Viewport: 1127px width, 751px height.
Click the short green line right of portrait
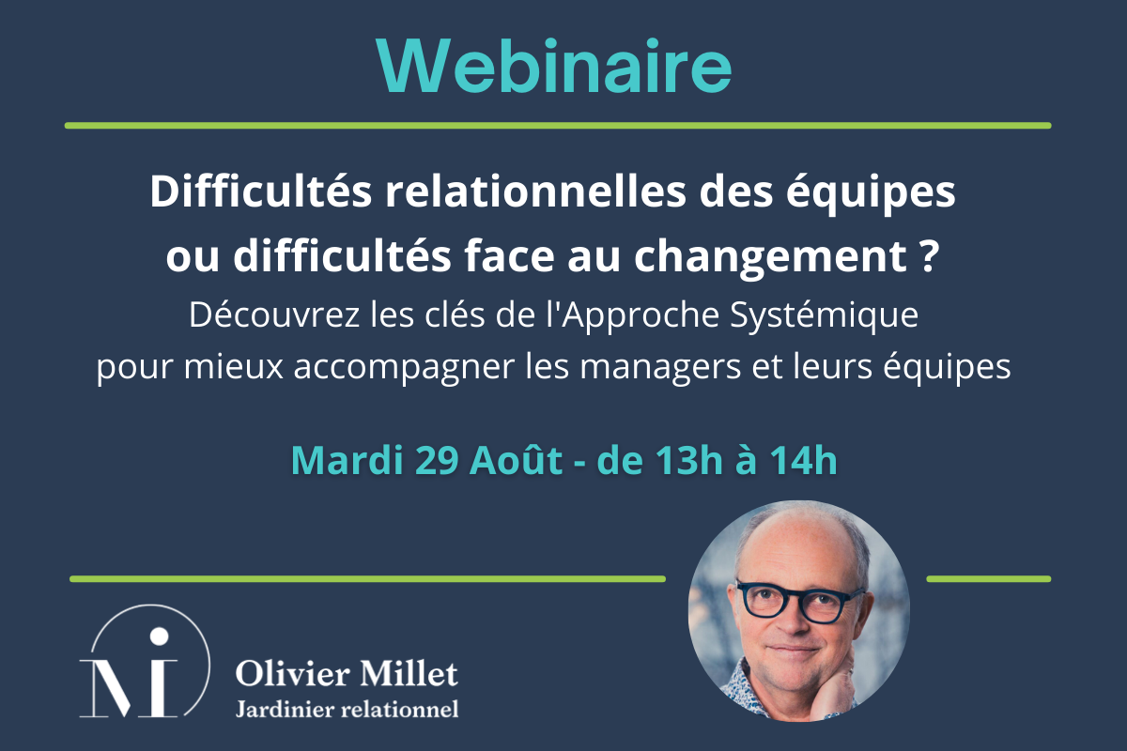pyautogui.click(x=988, y=578)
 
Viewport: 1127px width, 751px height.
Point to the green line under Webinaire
pyautogui.click(x=557, y=125)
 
